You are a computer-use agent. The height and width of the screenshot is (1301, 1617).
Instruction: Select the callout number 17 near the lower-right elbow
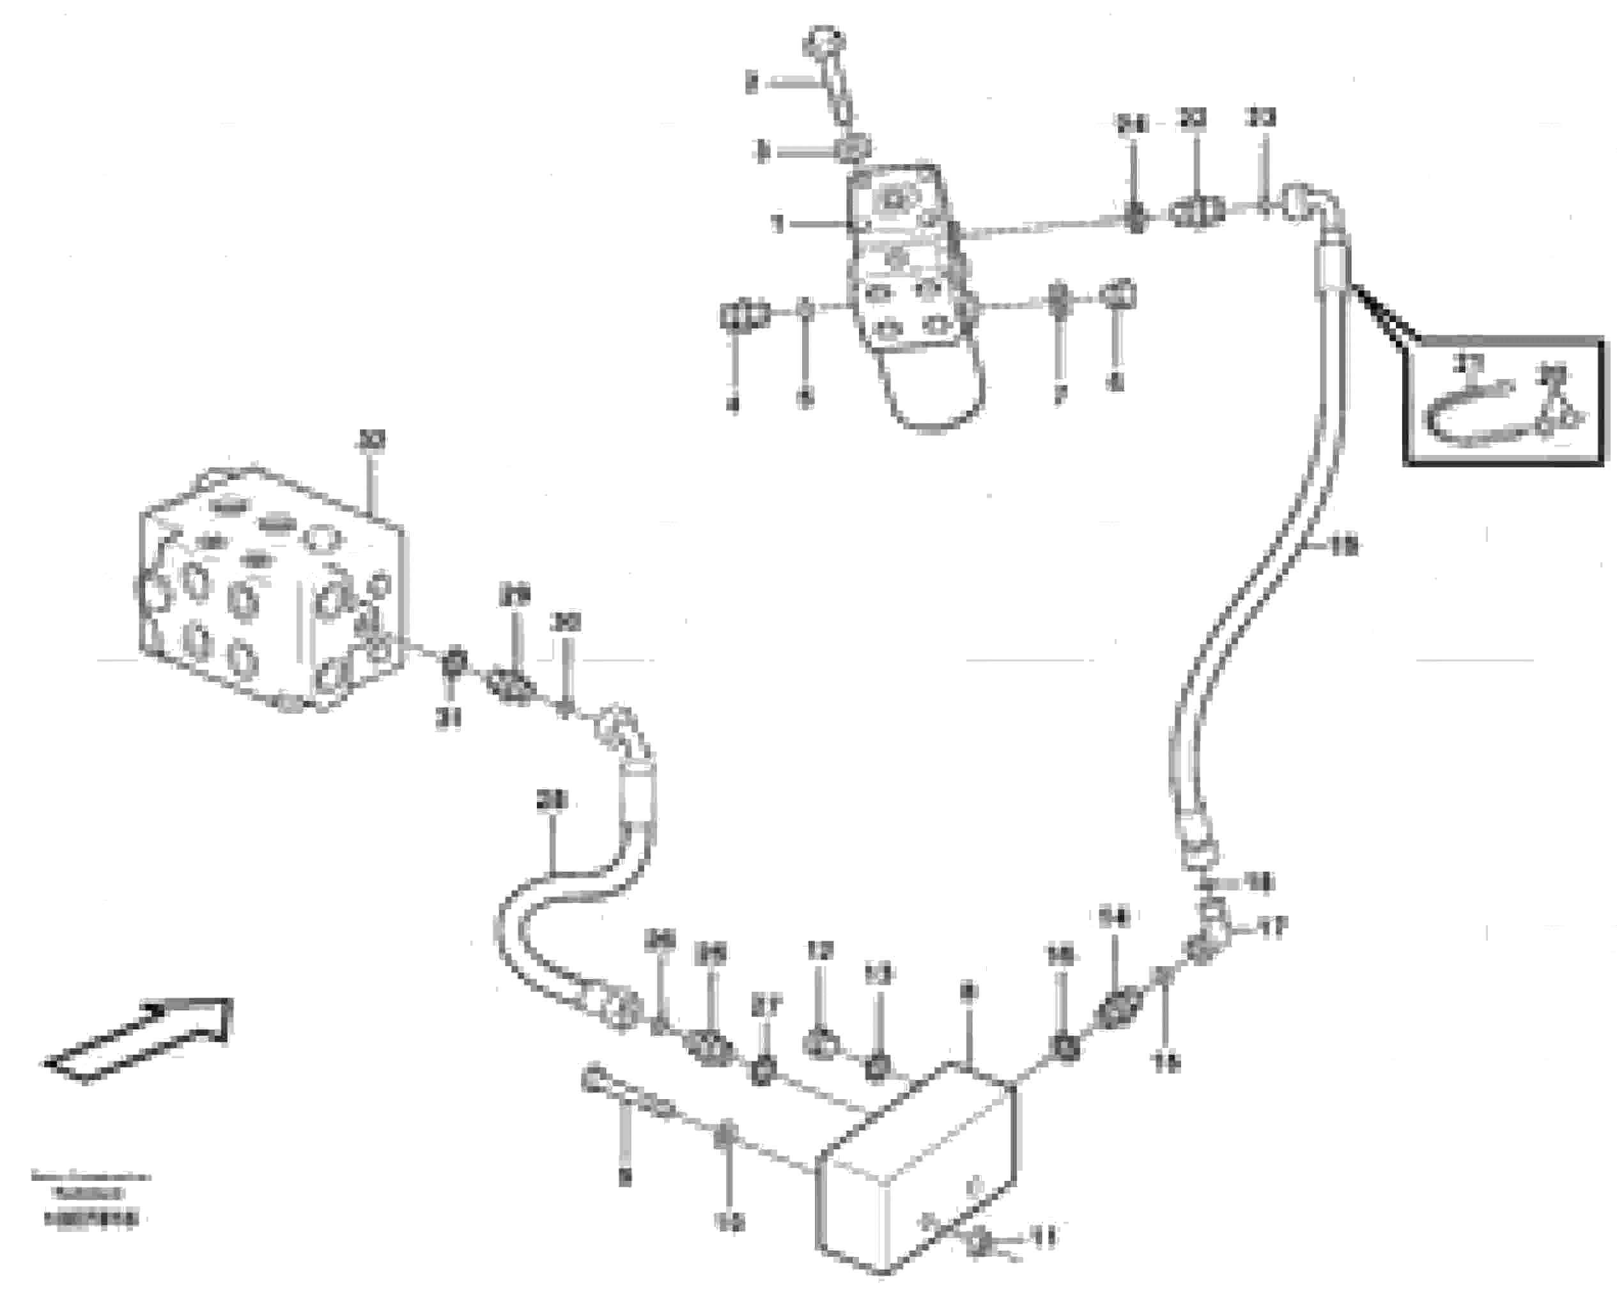(x=1272, y=929)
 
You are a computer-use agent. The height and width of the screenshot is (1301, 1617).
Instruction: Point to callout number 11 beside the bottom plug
(x=1044, y=1236)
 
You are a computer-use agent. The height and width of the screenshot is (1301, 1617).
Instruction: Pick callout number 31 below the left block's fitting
(x=449, y=719)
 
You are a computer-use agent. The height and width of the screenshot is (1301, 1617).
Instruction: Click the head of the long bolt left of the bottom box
(x=592, y=1077)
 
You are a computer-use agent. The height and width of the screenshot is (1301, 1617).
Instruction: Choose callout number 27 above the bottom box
(x=766, y=1007)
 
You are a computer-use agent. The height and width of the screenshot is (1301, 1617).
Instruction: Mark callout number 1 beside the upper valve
(x=778, y=224)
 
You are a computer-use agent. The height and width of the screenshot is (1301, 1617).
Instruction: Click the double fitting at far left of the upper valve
(x=744, y=314)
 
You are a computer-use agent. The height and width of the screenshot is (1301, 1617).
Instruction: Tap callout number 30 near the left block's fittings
(x=566, y=622)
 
